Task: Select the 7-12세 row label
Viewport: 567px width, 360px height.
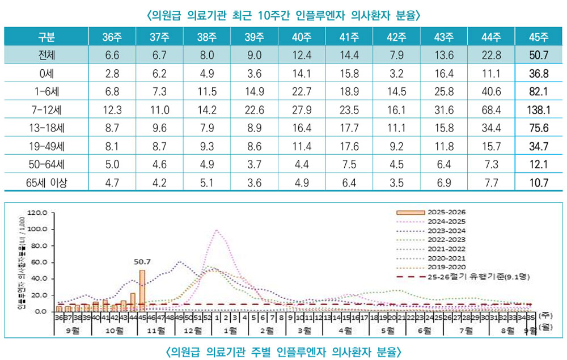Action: [46, 110]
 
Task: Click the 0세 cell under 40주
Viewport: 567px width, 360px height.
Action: [301, 74]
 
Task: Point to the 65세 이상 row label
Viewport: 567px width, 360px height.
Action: [46, 183]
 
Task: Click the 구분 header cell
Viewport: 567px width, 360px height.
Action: [46, 38]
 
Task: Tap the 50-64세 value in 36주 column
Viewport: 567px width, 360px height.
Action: [112, 164]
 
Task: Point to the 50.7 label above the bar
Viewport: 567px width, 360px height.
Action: [142, 262]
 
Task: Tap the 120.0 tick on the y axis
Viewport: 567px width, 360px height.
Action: [44, 213]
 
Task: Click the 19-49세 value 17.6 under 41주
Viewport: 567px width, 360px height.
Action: [349, 146]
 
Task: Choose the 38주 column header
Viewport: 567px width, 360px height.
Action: [206, 38]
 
